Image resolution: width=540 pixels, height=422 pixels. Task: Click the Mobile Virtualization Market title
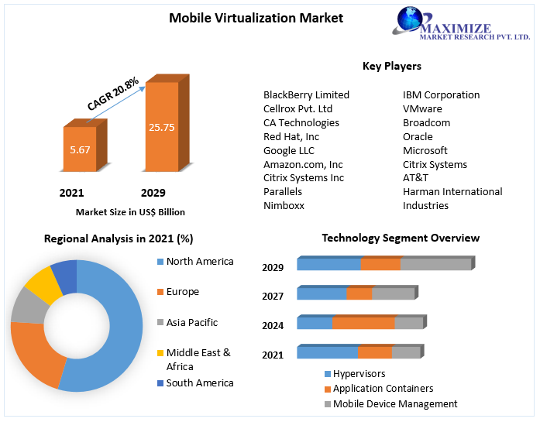(256, 17)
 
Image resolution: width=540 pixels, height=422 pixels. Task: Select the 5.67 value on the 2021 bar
(79, 149)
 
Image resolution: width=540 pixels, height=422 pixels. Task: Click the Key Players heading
(391, 66)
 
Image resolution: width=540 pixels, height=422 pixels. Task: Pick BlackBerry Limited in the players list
(306, 94)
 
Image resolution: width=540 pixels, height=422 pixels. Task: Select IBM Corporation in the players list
(441, 94)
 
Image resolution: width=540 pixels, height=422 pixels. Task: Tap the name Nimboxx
(284, 205)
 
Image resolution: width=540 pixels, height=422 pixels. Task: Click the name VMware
(422, 108)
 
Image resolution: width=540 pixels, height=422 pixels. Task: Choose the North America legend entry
(199, 262)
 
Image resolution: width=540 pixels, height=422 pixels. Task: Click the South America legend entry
(199, 383)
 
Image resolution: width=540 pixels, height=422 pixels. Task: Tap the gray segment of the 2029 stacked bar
(435, 264)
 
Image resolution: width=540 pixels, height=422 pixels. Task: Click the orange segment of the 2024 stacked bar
(363, 323)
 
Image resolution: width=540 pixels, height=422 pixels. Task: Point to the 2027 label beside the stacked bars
(273, 296)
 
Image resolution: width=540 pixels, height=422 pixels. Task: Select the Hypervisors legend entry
(358, 374)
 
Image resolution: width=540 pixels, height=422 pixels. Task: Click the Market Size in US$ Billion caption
(130, 211)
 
